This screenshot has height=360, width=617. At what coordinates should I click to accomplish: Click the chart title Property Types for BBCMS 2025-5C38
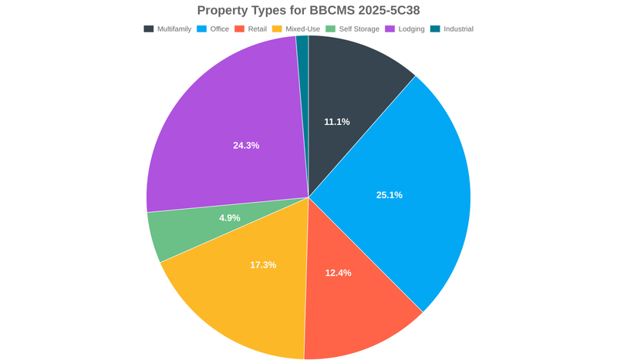click(x=308, y=10)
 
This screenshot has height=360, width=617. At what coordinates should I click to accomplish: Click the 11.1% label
click(x=337, y=122)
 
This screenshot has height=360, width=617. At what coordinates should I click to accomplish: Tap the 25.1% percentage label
click(x=389, y=195)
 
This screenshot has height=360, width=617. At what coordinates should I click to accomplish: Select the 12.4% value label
click(x=339, y=273)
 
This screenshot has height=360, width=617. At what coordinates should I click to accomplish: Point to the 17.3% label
click(x=263, y=265)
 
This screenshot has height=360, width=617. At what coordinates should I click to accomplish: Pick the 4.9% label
click(x=230, y=218)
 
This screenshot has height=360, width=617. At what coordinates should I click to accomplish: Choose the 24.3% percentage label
click(x=246, y=145)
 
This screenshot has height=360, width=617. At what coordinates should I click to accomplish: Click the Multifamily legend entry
click(x=167, y=29)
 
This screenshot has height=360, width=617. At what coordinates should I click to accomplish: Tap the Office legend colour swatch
click(x=202, y=29)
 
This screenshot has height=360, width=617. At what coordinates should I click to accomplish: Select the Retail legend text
click(x=257, y=29)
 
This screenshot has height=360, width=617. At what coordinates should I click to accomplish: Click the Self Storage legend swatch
click(x=330, y=29)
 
